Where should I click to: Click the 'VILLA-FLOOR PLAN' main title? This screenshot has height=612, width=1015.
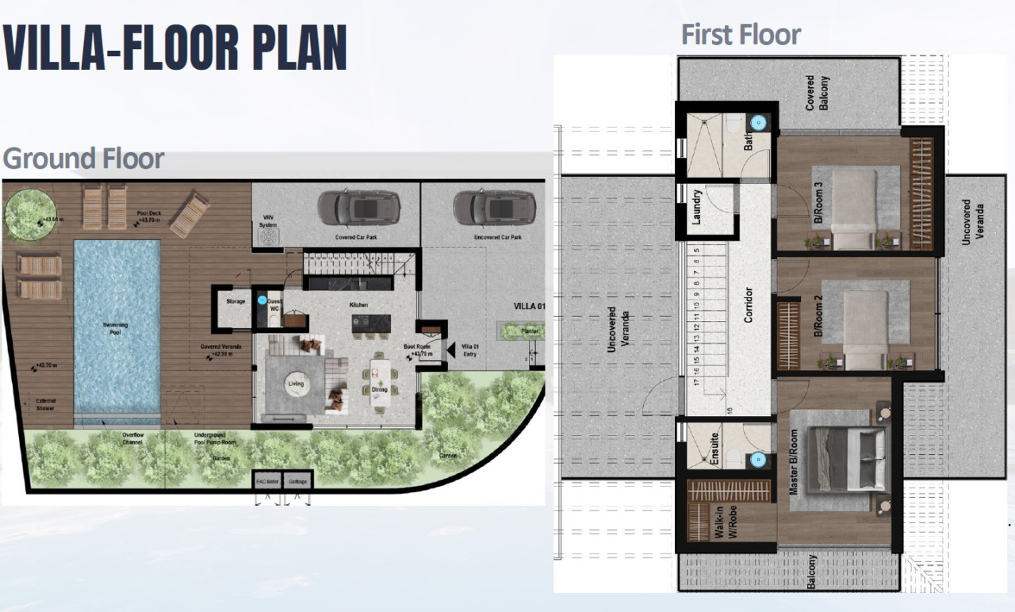pos(174,48)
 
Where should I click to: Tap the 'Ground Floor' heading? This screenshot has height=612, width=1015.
pos(83,159)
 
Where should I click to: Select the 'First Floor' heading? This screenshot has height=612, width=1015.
pos(741,35)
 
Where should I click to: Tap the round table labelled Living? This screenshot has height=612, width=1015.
pos(296,384)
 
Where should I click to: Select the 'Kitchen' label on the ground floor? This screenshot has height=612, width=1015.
pos(360,305)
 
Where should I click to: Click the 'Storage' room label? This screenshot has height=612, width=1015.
pos(236,301)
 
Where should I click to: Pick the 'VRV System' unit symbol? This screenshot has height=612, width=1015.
pos(269,235)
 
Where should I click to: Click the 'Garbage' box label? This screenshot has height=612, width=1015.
pos(297,481)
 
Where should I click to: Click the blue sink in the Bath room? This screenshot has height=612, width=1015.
pos(759,123)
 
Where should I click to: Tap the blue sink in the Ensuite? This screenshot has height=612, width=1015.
pos(759,459)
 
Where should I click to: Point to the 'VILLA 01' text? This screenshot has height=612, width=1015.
pos(530,307)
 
